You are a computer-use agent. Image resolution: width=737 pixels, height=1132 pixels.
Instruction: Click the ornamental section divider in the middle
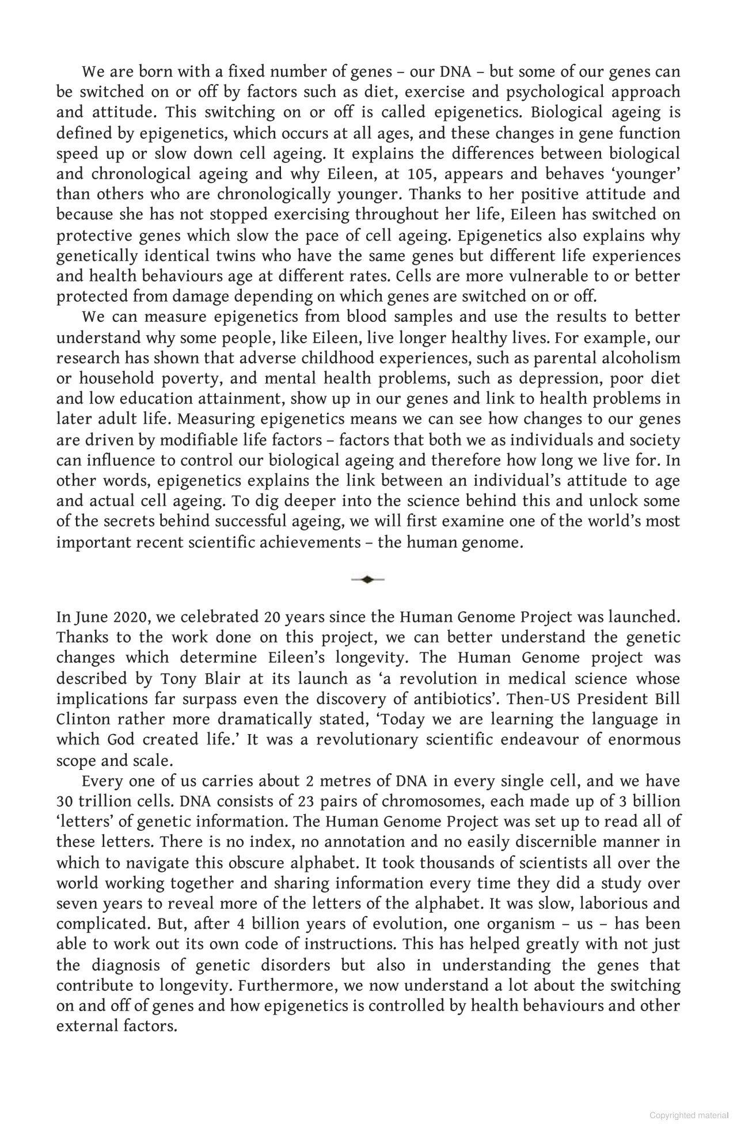click(367, 579)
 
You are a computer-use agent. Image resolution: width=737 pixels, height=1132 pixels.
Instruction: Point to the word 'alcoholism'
click(640, 358)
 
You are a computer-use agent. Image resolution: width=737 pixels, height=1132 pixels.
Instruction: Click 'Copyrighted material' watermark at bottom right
click(689, 1115)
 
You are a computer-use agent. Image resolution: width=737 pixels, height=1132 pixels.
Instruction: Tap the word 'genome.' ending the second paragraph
click(493, 542)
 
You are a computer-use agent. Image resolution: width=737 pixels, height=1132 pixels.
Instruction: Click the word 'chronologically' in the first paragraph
click(273, 194)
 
